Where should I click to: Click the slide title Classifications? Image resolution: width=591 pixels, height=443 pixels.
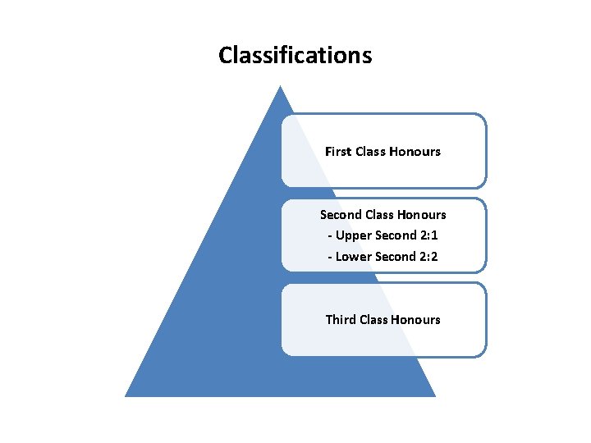point(295,55)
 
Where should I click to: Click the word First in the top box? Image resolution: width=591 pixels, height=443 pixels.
point(338,151)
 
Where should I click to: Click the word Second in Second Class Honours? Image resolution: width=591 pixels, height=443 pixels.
point(340,214)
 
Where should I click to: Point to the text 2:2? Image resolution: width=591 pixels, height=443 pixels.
point(427,257)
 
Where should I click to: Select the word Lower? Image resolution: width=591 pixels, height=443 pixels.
point(353,257)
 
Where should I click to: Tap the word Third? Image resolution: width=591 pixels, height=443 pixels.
point(341,320)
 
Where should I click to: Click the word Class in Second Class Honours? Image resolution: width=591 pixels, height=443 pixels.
point(378,214)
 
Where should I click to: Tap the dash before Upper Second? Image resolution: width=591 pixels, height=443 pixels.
point(329,236)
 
